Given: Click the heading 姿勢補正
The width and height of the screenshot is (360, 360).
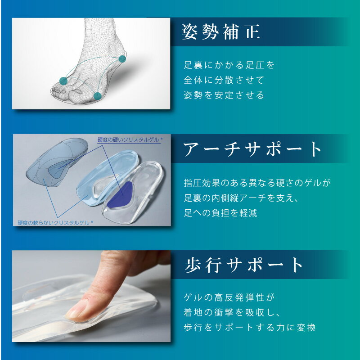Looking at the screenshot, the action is (x=221, y=31).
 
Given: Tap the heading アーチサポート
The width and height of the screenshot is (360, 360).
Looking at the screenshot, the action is (x=252, y=149).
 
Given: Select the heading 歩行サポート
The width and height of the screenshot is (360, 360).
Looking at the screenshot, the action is (x=243, y=265).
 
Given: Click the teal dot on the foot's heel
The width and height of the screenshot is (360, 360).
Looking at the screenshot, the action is (x=122, y=59).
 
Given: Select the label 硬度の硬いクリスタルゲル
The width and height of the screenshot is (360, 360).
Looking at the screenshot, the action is (x=129, y=139).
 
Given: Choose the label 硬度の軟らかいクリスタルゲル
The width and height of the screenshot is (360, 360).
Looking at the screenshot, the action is (x=54, y=223).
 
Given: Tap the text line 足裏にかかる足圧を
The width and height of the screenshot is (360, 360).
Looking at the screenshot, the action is (x=229, y=65).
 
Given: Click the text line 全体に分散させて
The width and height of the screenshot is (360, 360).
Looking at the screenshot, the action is (x=224, y=80).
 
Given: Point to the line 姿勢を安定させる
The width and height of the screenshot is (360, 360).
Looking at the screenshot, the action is (x=224, y=95).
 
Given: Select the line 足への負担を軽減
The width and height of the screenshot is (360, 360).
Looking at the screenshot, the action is (x=220, y=213).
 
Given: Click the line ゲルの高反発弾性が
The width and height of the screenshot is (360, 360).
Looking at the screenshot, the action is (x=229, y=297).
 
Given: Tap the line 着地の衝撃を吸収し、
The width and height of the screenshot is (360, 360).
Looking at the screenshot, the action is (x=231, y=312).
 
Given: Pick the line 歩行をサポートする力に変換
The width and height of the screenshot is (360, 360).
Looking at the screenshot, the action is (x=250, y=328).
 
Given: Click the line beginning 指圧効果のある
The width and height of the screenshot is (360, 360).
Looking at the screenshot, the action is (x=257, y=183).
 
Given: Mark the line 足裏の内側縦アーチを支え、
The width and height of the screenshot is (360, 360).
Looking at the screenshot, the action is (x=241, y=198).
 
